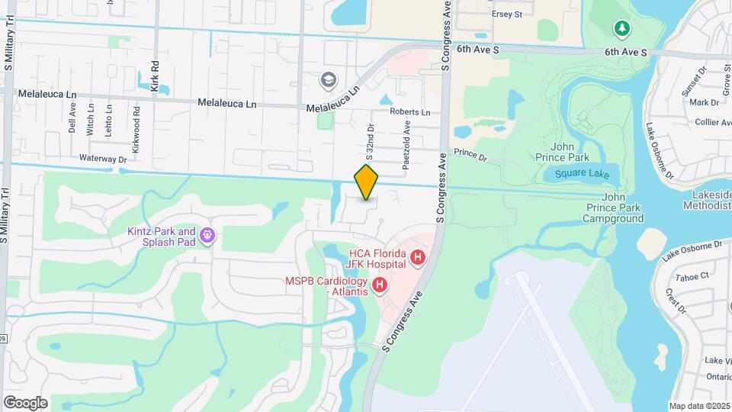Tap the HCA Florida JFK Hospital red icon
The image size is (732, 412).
417,259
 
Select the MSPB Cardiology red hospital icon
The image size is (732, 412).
380,286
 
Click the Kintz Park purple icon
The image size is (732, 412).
207,237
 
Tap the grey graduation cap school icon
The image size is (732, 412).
328,80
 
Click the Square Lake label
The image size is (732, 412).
582,174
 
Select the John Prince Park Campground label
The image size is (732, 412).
613,213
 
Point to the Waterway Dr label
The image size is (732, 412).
101,159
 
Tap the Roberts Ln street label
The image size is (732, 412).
409,112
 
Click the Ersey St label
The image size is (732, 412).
507,14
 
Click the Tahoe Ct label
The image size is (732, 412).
695,275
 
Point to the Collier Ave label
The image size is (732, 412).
714,122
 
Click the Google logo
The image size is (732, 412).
25,403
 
